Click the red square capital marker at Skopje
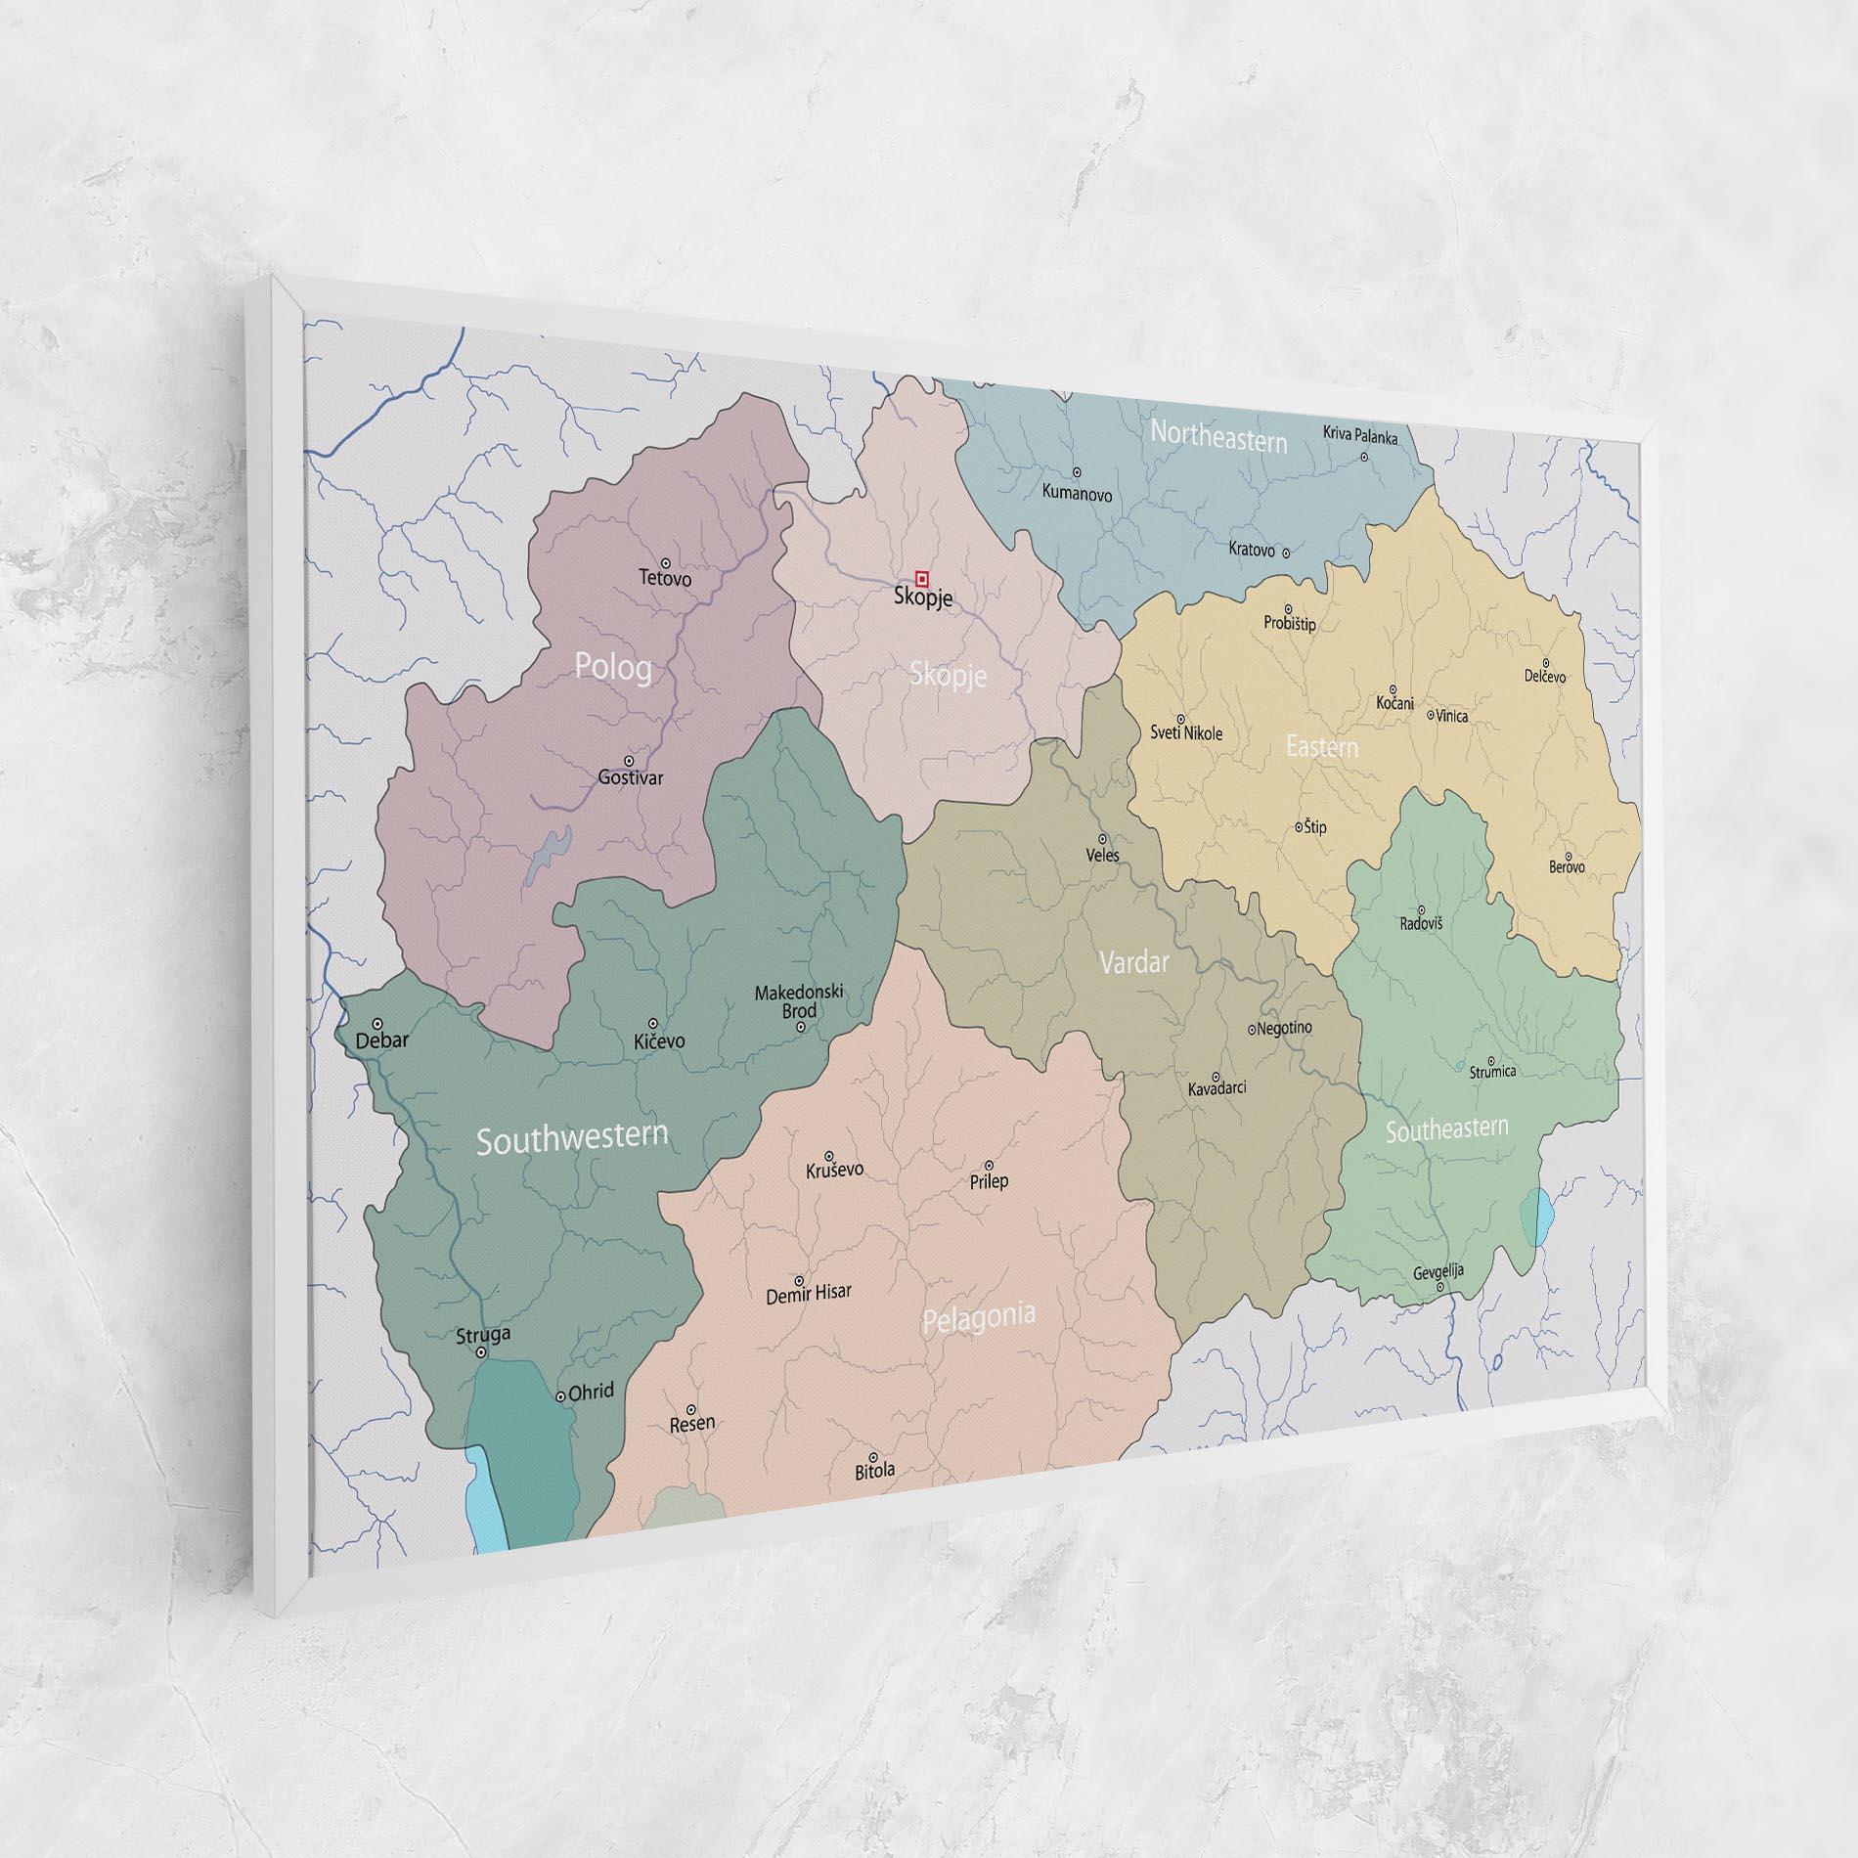coord(920,577)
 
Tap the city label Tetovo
coord(665,579)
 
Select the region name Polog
coord(613,669)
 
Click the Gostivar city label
coord(631,778)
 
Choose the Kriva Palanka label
coord(1360,435)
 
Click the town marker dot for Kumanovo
coord(1077,472)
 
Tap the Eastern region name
coord(1322,748)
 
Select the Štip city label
coord(1315,827)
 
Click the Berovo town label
coord(1567,867)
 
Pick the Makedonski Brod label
coord(799,1000)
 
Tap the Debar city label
coord(381,1041)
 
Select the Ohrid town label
coord(591,1392)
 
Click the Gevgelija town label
coord(1438,1272)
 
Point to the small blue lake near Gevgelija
coord(1537,1217)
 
